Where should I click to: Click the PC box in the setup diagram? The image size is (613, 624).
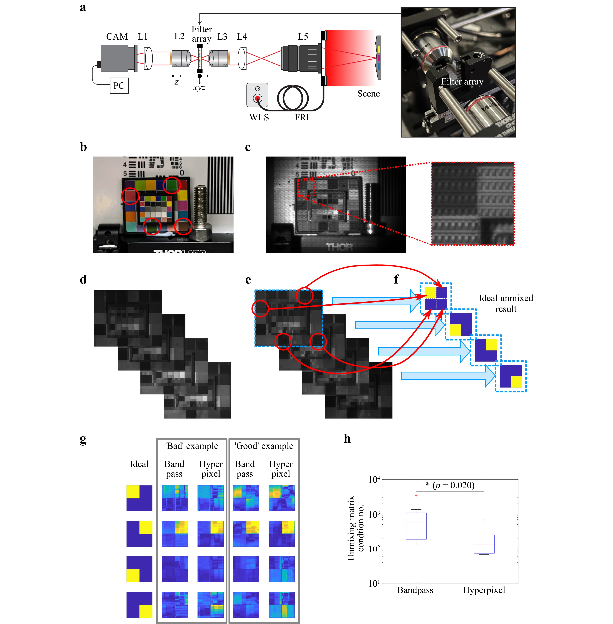click(119, 86)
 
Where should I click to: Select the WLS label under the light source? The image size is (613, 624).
click(259, 118)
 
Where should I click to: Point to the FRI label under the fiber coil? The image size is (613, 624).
click(302, 118)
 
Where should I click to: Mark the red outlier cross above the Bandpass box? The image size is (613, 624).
click(416, 496)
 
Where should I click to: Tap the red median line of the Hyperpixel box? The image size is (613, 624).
click(484, 544)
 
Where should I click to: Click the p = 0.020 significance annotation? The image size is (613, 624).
click(450, 485)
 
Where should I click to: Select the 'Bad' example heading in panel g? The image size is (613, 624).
click(192, 446)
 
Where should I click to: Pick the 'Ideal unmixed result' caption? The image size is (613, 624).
click(506, 303)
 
